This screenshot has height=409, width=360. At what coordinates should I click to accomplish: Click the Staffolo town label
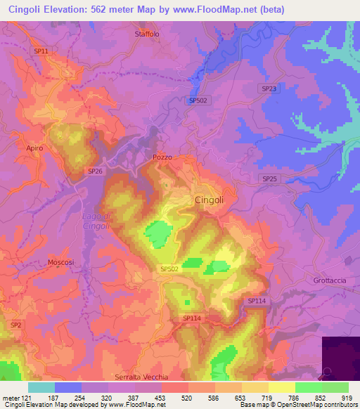click(x=147, y=33)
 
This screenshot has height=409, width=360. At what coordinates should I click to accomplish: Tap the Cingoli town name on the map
click(x=209, y=200)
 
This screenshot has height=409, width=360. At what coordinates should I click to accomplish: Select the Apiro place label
click(x=34, y=148)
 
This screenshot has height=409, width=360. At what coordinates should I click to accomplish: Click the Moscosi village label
click(x=60, y=262)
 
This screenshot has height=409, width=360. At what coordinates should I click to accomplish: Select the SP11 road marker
click(x=41, y=51)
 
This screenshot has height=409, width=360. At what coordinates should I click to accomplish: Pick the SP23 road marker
click(x=269, y=89)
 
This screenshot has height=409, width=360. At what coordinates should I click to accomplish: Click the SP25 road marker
click(x=269, y=179)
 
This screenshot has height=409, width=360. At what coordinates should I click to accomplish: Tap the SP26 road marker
click(x=95, y=171)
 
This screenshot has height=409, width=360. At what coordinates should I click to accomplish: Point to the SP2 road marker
click(x=15, y=324)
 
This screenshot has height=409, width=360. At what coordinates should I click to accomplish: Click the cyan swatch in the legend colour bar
click(x=41, y=387)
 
